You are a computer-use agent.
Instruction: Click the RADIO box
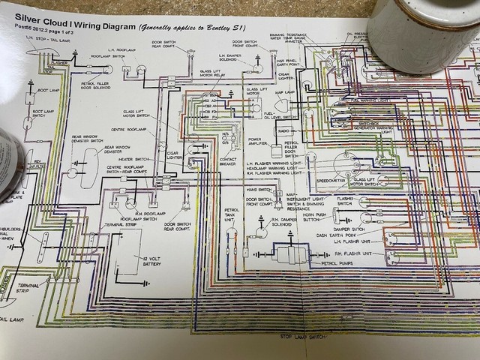pos(283,131)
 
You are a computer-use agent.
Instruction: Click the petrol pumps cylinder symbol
pos(288,253)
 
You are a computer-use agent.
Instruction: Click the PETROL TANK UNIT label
pos(232,214)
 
